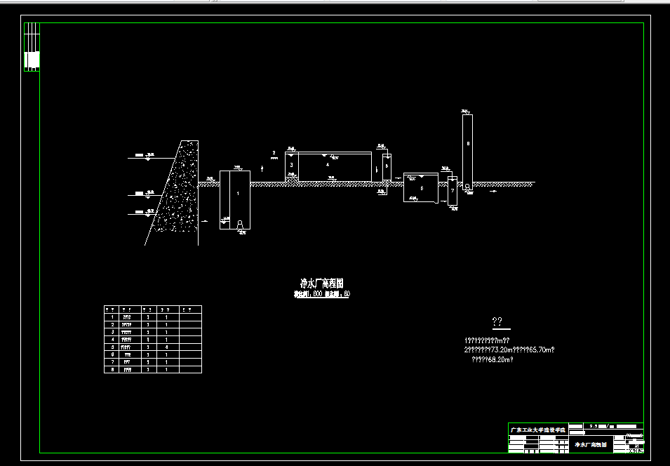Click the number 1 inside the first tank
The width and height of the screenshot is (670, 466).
237,192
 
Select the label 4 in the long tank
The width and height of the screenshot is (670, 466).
327,164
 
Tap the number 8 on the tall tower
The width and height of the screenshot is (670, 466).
467,144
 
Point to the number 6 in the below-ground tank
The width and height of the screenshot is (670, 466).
421,188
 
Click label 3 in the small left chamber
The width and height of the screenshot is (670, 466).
291,165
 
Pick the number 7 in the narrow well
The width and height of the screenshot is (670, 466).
453,190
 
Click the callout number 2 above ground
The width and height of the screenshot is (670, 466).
274,152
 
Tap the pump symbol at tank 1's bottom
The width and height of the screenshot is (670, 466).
241,224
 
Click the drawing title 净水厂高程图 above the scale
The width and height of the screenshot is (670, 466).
321,283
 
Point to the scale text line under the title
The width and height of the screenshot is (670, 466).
321,294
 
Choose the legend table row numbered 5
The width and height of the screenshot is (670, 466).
152,347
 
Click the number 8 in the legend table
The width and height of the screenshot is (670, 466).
112,369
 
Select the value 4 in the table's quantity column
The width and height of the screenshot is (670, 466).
166,347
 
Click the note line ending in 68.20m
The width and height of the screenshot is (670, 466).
492,360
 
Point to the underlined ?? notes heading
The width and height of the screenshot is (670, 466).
497,322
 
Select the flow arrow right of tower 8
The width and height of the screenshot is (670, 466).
493,190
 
